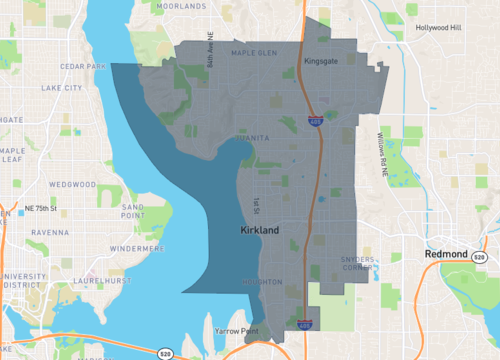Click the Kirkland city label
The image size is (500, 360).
[260, 230]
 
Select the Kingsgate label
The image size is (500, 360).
[320, 61]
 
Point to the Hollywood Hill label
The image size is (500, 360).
[443, 28]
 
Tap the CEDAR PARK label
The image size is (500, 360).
[82, 67]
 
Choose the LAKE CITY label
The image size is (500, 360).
[63, 88]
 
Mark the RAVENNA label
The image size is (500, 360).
[47, 232]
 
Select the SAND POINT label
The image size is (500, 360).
[133, 209]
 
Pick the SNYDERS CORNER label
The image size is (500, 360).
[358, 263]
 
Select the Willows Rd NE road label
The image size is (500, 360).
[383, 154]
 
